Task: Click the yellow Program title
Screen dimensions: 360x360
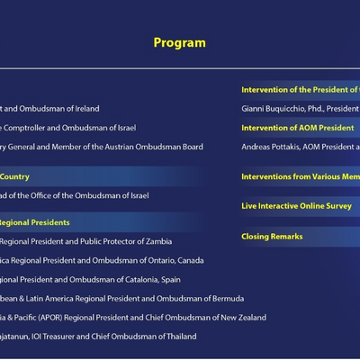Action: pos(179,42)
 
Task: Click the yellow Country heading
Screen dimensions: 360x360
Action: pos(16,177)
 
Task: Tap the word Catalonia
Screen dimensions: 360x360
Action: pos(132,279)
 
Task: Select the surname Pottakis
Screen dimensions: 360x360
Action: pos(277,147)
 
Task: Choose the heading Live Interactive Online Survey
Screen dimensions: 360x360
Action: pos(296,206)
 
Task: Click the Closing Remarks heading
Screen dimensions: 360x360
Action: pos(272,237)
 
